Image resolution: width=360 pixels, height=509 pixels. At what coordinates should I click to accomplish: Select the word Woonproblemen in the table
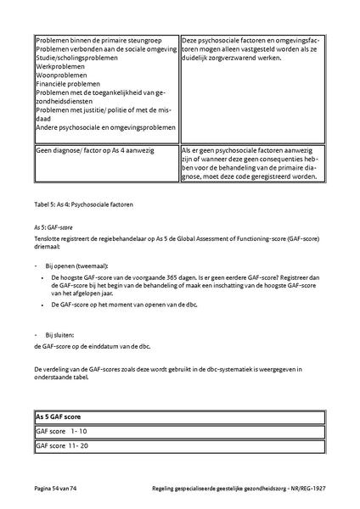(56, 74)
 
